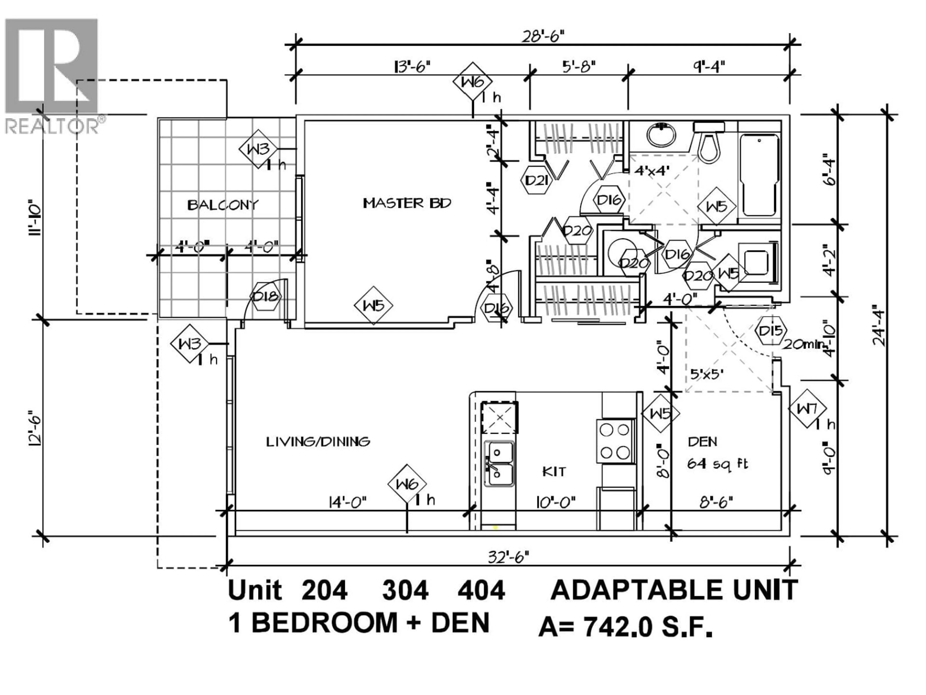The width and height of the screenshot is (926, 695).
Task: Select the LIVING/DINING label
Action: coord(318,442)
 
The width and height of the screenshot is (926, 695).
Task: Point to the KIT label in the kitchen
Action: coord(554,472)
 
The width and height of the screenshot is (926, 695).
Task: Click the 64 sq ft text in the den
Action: coord(717,464)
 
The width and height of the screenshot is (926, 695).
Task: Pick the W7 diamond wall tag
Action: coord(807,409)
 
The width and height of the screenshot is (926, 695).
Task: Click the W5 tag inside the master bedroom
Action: coord(373,306)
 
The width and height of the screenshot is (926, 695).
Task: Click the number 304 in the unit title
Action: coord(405,591)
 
